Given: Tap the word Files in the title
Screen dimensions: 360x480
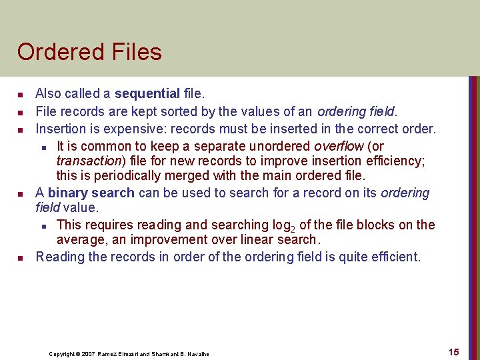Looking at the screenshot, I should tap(137, 52).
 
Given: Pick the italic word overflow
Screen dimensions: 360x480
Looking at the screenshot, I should tap(339, 145).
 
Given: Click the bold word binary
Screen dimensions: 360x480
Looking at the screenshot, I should tap(68, 193).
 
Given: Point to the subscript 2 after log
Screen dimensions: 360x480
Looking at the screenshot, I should tap(292, 229).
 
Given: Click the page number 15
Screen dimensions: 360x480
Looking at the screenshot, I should tap(453, 352).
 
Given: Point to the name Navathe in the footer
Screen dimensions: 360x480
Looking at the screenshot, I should tap(198, 354).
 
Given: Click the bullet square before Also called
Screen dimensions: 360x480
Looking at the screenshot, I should tap(21, 94).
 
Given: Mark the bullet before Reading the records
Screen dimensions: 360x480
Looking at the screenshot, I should tap(21, 257).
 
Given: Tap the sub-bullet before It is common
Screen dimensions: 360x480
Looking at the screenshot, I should tap(43, 146).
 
